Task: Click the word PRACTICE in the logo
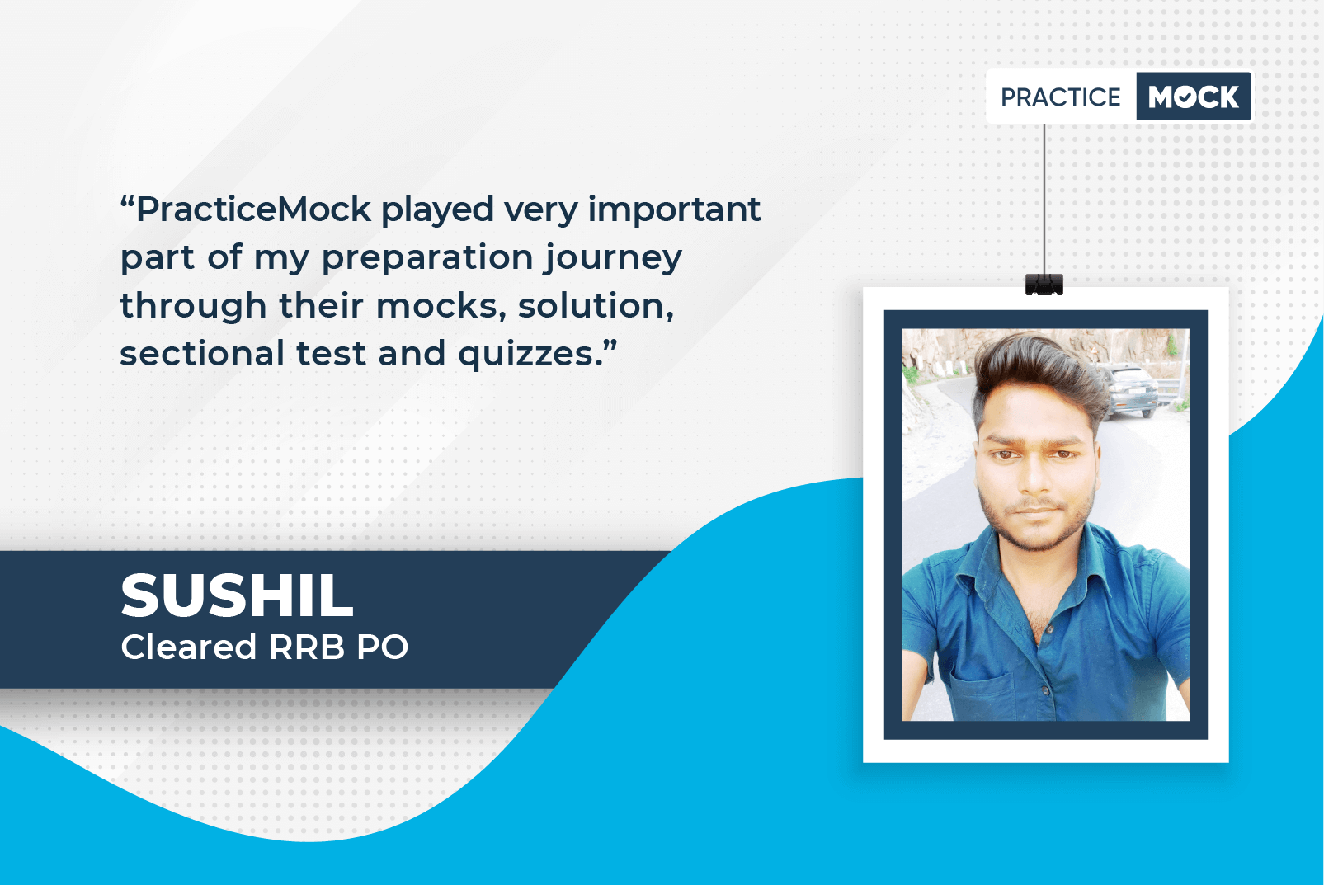coord(1060,97)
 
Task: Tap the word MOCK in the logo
coord(1193,97)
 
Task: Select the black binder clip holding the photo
coord(1044,285)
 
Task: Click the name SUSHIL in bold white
coord(237,595)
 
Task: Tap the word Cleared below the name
coord(189,647)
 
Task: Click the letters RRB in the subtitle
coord(307,647)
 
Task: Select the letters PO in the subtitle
coord(383,647)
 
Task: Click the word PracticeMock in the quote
coord(253,209)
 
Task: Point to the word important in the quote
coord(674,209)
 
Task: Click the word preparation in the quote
coord(428,258)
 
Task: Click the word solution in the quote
coord(594,306)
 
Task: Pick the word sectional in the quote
coord(202,354)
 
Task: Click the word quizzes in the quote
coord(525,354)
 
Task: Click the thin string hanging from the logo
coord(1044,198)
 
